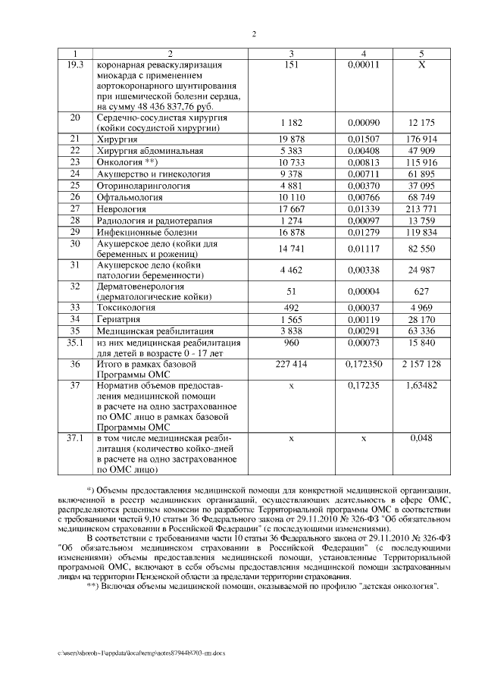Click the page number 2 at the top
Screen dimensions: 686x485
pyautogui.click(x=253, y=34)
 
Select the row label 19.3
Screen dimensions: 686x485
pyautogui.click(x=75, y=64)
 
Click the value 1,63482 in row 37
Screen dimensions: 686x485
pyautogui.click(x=422, y=386)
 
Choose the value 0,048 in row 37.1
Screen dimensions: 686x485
pyautogui.click(x=422, y=439)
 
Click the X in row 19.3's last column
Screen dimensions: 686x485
pyautogui.click(x=422, y=65)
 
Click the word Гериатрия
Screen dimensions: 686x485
pyautogui.click(x=118, y=319)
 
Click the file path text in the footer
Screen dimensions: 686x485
pyautogui.click(x=141, y=652)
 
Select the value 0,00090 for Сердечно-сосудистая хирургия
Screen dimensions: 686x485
pyautogui.click(x=364, y=122)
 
